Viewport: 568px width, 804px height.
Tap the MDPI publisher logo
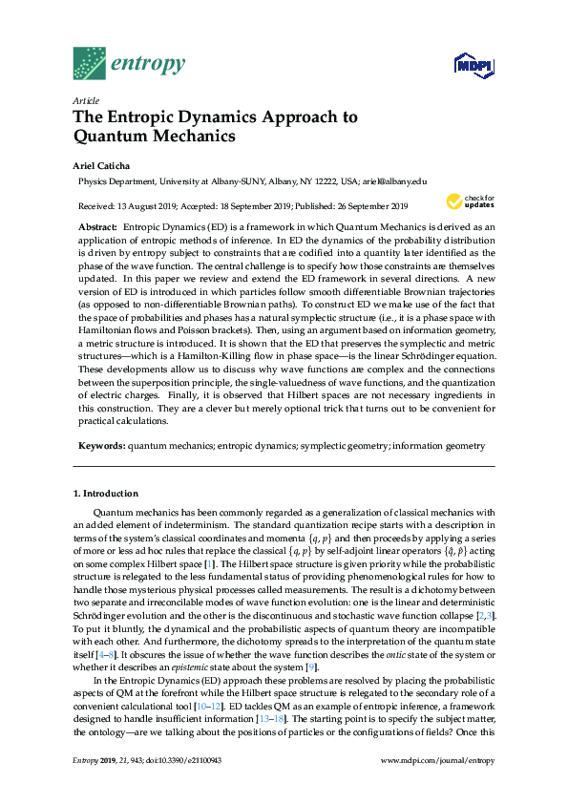click(x=464, y=66)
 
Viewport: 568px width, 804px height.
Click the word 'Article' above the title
click(x=86, y=100)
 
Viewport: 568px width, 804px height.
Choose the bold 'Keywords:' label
click(x=100, y=445)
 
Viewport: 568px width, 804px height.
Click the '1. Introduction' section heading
click(x=106, y=494)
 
